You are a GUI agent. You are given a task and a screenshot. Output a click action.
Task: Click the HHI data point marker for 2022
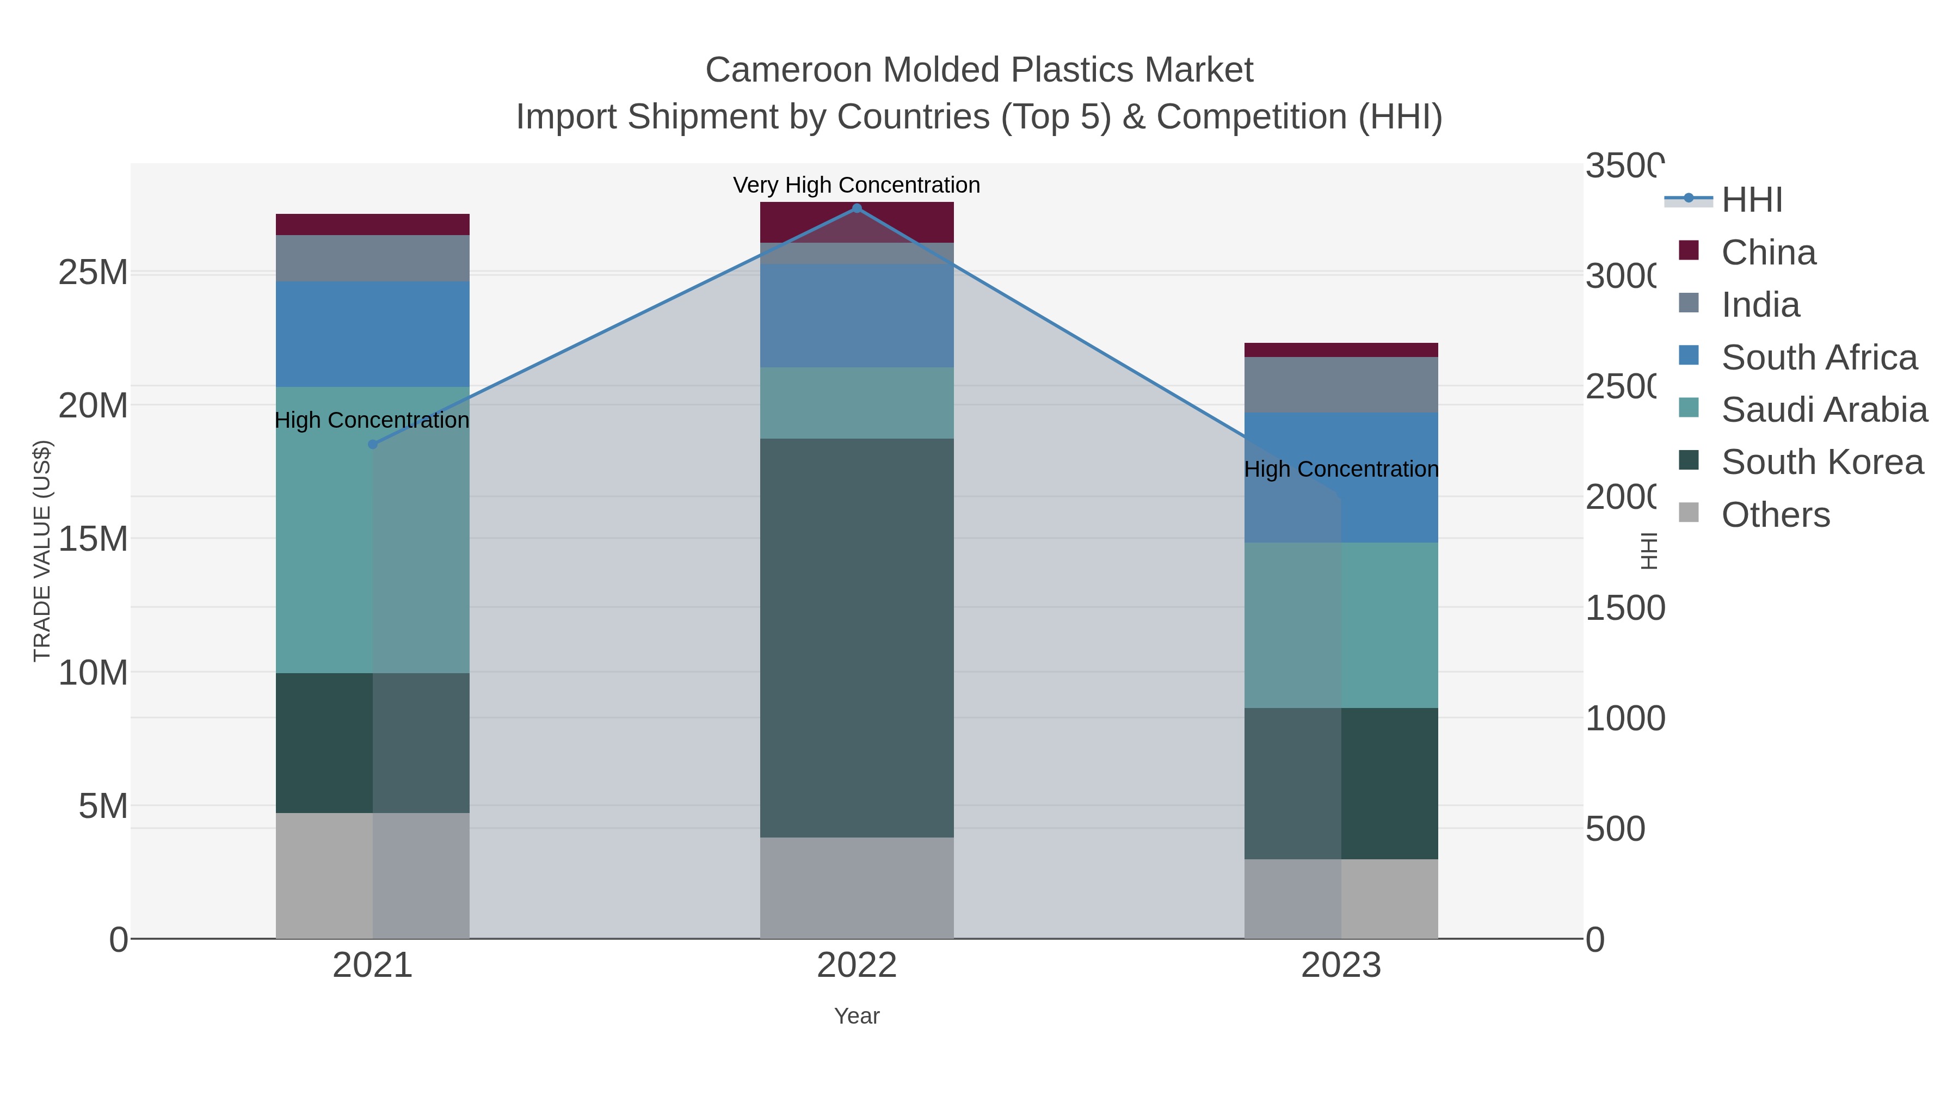857,208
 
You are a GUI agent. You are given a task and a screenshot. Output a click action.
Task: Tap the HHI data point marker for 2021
373,444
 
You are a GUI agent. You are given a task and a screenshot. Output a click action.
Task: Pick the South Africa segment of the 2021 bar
373,334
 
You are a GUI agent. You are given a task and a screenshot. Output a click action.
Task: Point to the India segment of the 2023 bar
1341,385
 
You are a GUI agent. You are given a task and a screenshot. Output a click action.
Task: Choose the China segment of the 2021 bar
373,224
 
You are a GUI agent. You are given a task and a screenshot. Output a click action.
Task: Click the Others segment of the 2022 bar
857,888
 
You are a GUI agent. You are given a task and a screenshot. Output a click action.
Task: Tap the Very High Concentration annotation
857,185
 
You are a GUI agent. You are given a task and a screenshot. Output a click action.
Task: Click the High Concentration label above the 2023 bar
1341,469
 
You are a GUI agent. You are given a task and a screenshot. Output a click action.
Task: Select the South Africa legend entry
1819,358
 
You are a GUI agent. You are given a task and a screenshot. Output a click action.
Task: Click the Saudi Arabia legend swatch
1688,408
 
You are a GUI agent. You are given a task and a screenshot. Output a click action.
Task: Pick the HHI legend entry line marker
1688,199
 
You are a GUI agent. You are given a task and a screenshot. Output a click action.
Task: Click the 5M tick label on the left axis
103,805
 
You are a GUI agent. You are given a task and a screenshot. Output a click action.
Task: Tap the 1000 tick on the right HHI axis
1624,719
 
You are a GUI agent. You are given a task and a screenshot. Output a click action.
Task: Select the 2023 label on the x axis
1341,965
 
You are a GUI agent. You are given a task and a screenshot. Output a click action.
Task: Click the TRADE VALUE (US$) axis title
42,551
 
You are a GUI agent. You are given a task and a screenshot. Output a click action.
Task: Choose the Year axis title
857,1016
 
